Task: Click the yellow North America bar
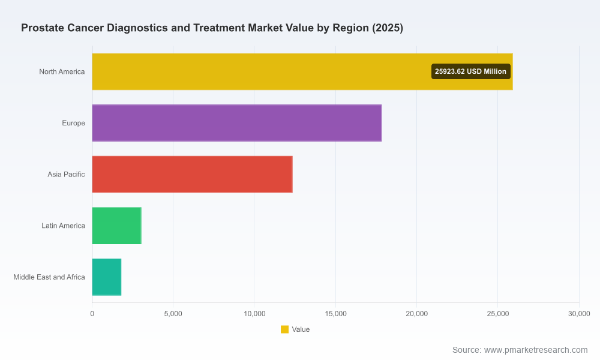pyautogui.click(x=302, y=71)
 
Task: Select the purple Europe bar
pyautogui.click(x=237, y=123)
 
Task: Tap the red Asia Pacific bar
pyautogui.click(x=192, y=174)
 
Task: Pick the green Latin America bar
pyautogui.click(x=117, y=226)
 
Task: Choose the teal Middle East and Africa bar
pyautogui.click(x=107, y=277)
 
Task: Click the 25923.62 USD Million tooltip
pyautogui.click(x=470, y=71)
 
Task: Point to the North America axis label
pyautogui.click(x=62, y=71)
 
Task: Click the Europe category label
pyautogui.click(x=73, y=123)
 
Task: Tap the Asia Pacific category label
pyautogui.click(x=66, y=174)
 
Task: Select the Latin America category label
pyautogui.click(x=63, y=226)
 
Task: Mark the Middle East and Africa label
pyautogui.click(x=49, y=277)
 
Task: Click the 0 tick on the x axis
pyautogui.click(x=92, y=314)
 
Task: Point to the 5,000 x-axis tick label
pyautogui.click(x=173, y=314)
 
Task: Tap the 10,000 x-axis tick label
pyautogui.click(x=254, y=314)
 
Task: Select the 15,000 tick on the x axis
pyautogui.click(x=335, y=314)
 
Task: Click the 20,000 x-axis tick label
pyautogui.click(x=417, y=314)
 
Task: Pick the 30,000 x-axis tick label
pyautogui.click(x=579, y=314)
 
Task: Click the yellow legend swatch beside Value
pyautogui.click(x=284, y=329)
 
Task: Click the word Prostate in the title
pyautogui.click(x=43, y=28)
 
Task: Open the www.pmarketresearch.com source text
pyautogui.click(x=536, y=350)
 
